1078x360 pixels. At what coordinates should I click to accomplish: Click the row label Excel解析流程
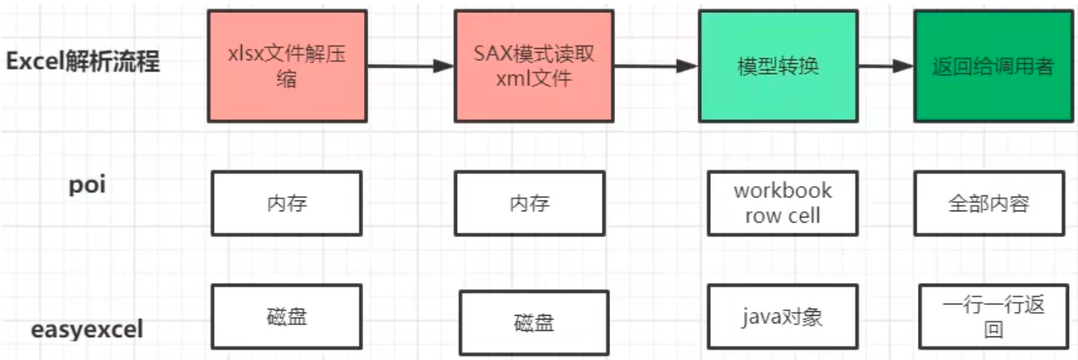[x=83, y=62]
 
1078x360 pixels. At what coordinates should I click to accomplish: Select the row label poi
[x=88, y=186]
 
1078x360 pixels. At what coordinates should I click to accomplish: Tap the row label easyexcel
[x=87, y=330]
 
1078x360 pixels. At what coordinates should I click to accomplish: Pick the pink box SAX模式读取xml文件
[x=533, y=66]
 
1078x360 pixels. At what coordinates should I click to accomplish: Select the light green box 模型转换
[x=777, y=66]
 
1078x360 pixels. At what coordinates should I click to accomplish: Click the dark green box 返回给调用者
[x=992, y=66]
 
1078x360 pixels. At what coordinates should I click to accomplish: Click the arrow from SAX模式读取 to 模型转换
[x=655, y=66]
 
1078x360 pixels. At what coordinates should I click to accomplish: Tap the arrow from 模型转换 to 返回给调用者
[x=886, y=66]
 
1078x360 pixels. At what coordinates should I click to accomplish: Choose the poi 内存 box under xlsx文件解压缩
[x=286, y=203]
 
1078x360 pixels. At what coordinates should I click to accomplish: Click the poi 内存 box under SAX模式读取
[x=529, y=203]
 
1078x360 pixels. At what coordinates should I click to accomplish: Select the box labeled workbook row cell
[x=782, y=203]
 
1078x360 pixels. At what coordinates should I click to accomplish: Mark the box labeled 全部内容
[x=989, y=203]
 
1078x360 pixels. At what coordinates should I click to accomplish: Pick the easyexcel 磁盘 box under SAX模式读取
[x=534, y=323]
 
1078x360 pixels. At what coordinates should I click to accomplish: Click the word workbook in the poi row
[x=783, y=191]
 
